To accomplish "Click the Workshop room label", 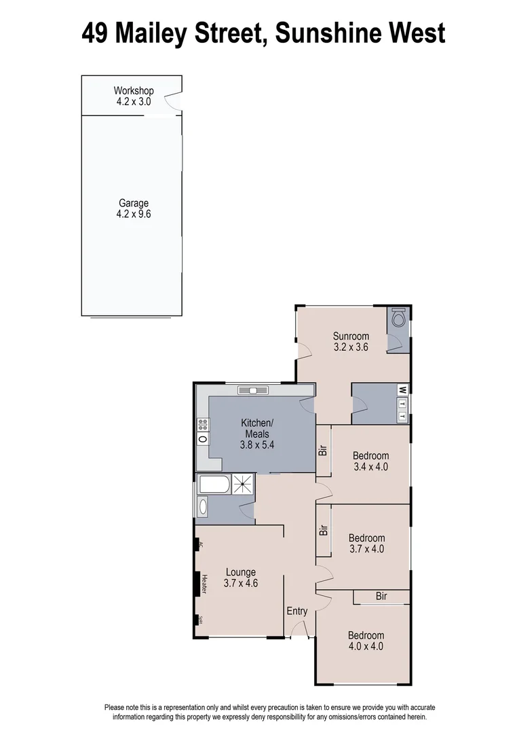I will tap(134, 91).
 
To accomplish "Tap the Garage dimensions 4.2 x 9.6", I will tap(134, 214).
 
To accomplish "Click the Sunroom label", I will tap(351, 336).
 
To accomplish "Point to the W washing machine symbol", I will tap(402, 390).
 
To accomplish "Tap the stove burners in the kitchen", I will tap(203, 426).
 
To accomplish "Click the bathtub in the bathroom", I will tap(214, 485).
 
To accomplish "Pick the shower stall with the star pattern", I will tap(243, 484).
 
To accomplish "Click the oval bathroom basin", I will tap(203, 506).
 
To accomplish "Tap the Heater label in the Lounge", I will tap(203, 584).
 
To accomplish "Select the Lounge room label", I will tap(240, 572).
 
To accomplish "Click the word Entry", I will tap(297, 611).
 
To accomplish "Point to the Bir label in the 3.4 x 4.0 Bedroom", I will tap(324, 450).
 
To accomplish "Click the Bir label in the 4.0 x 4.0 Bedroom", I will tap(381, 596).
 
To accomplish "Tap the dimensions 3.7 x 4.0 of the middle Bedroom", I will tap(367, 549).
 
